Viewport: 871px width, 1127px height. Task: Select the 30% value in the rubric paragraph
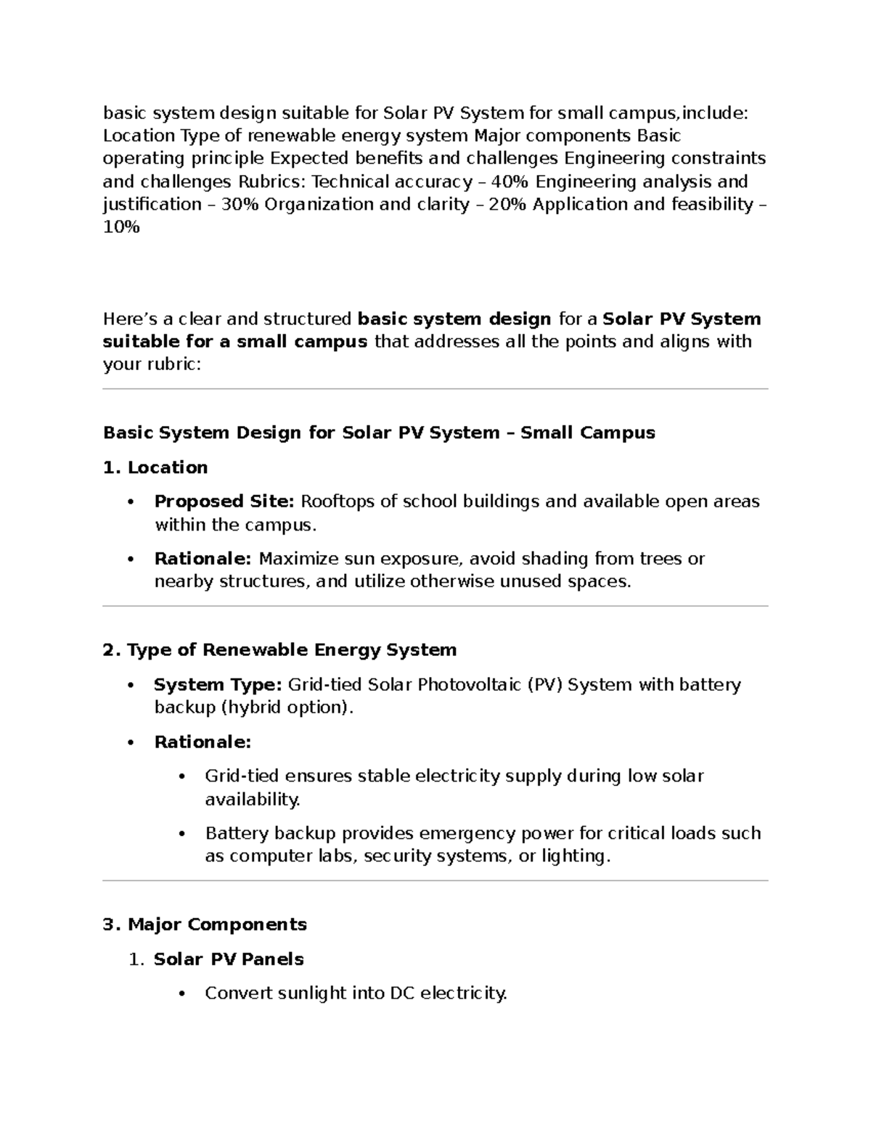pos(240,205)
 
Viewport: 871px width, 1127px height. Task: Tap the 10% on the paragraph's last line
pos(121,227)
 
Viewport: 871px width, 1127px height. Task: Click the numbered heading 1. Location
pos(155,467)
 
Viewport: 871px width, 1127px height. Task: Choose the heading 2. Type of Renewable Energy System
pos(279,649)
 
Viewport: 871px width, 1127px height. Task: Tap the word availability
pos(252,800)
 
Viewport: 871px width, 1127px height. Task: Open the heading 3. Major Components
pos(205,925)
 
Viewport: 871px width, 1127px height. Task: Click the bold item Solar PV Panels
pos(229,959)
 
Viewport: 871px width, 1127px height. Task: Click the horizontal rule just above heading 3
pos(435,881)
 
